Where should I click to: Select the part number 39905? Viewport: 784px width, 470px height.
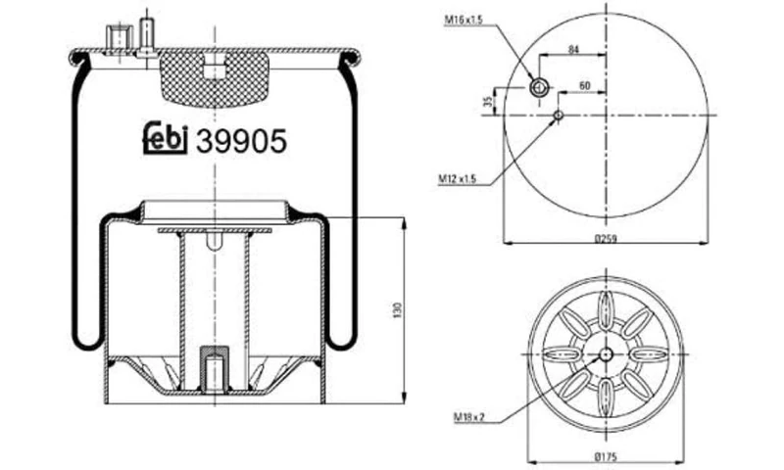pyautogui.click(x=241, y=142)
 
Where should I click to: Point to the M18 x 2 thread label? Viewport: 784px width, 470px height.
pyautogui.click(x=471, y=417)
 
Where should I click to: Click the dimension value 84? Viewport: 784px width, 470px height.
pyautogui.click(x=573, y=49)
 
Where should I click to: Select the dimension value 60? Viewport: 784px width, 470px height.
pyautogui.click(x=583, y=86)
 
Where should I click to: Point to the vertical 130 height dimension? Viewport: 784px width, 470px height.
pyautogui.click(x=397, y=309)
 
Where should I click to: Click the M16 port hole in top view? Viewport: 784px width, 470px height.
pyautogui.click(x=538, y=88)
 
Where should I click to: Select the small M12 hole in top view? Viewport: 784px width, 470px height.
pyautogui.click(x=558, y=116)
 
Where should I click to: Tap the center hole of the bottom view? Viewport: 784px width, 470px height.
pyautogui.click(x=606, y=353)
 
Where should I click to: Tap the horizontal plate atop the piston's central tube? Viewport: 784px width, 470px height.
pyautogui.click(x=214, y=230)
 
